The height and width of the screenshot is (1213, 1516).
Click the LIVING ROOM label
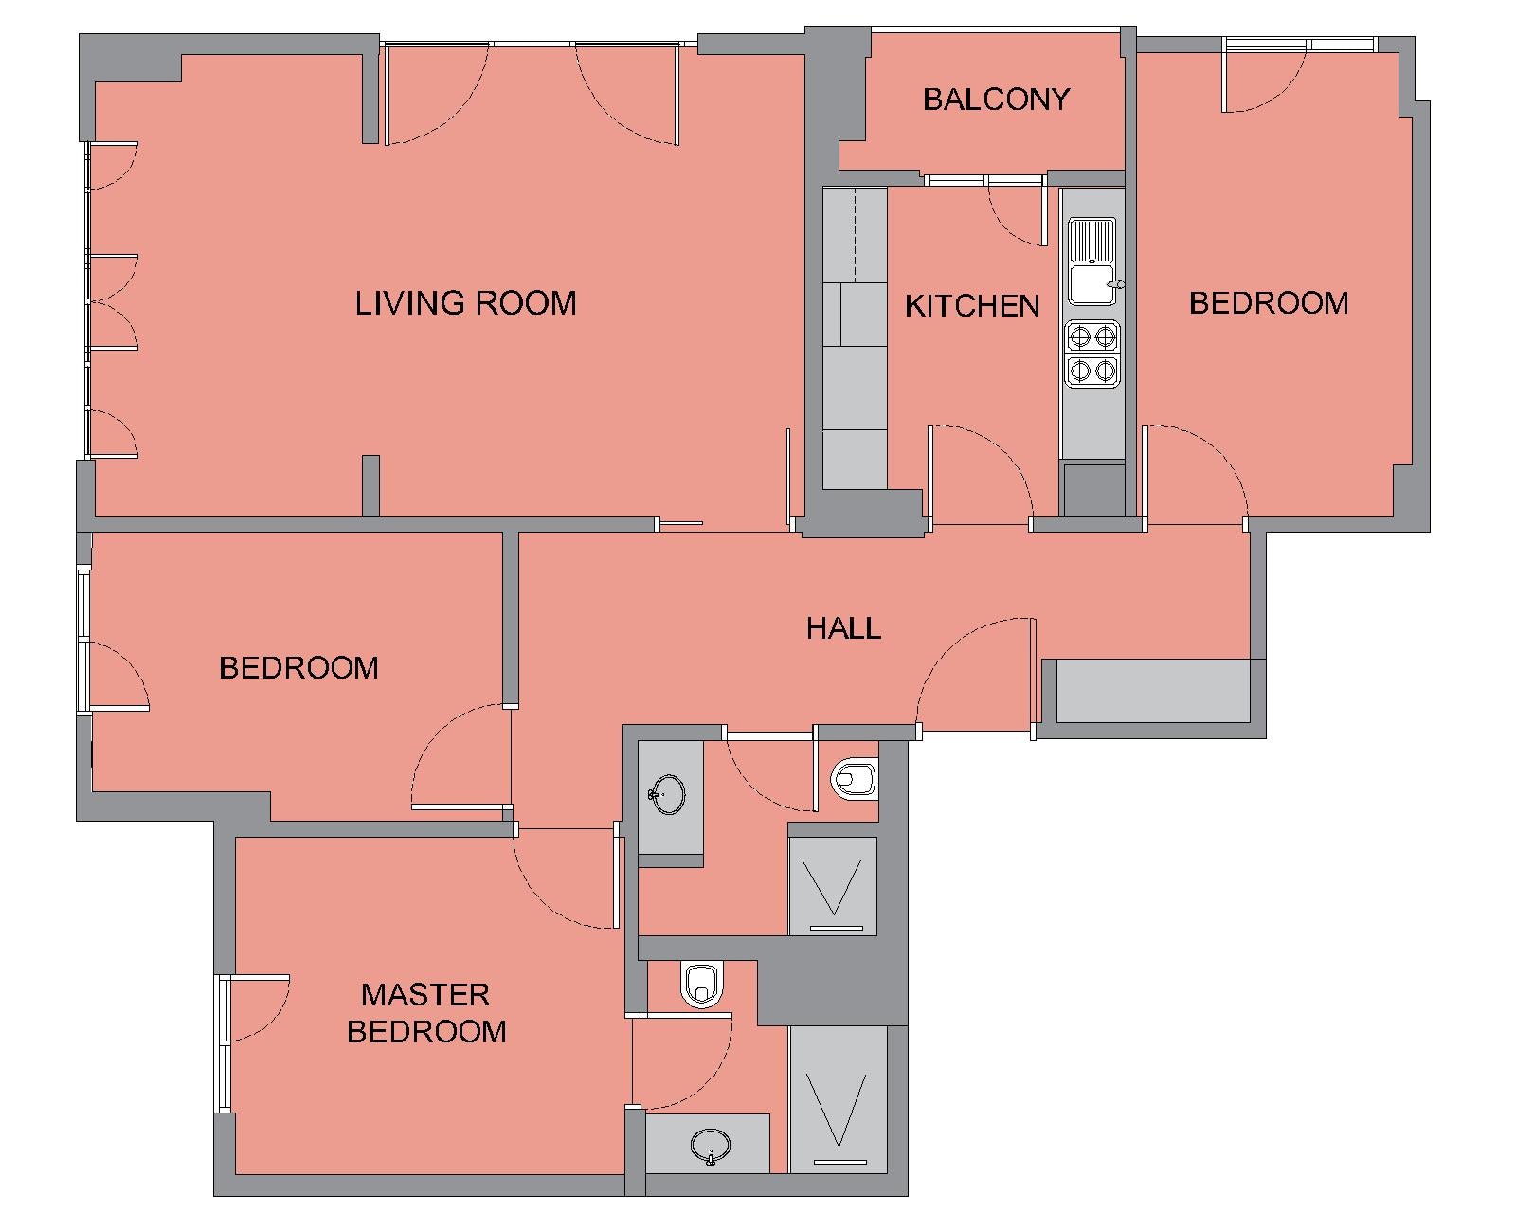click(465, 303)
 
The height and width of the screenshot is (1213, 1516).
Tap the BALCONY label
click(996, 100)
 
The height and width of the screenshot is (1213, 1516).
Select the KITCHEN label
click(972, 306)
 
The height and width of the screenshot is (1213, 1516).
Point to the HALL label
click(843, 628)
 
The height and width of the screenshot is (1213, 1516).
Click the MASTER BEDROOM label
click(426, 1013)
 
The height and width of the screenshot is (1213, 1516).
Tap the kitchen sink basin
click(1092, 283)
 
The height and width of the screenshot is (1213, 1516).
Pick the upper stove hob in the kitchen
click(1092, 337)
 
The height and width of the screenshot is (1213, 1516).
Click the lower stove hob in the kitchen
click(1092, 370)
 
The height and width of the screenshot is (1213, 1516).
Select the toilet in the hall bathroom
click(855, 779)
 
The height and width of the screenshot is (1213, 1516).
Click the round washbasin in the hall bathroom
click(667, 795)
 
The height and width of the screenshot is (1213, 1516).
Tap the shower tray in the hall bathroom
click(833, 887)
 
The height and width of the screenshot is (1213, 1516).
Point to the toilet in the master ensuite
click(702, 986)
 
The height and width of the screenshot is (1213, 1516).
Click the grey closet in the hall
click(1153, 691)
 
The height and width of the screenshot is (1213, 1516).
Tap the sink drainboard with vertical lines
click(1092, 240)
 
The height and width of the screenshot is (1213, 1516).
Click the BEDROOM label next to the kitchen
click(1269, 303)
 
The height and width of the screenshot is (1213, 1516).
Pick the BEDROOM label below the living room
click(298, 668)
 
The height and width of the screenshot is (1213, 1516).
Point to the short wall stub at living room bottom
click(370, 485)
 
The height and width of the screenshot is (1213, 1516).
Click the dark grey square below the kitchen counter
click(1094, 490)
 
